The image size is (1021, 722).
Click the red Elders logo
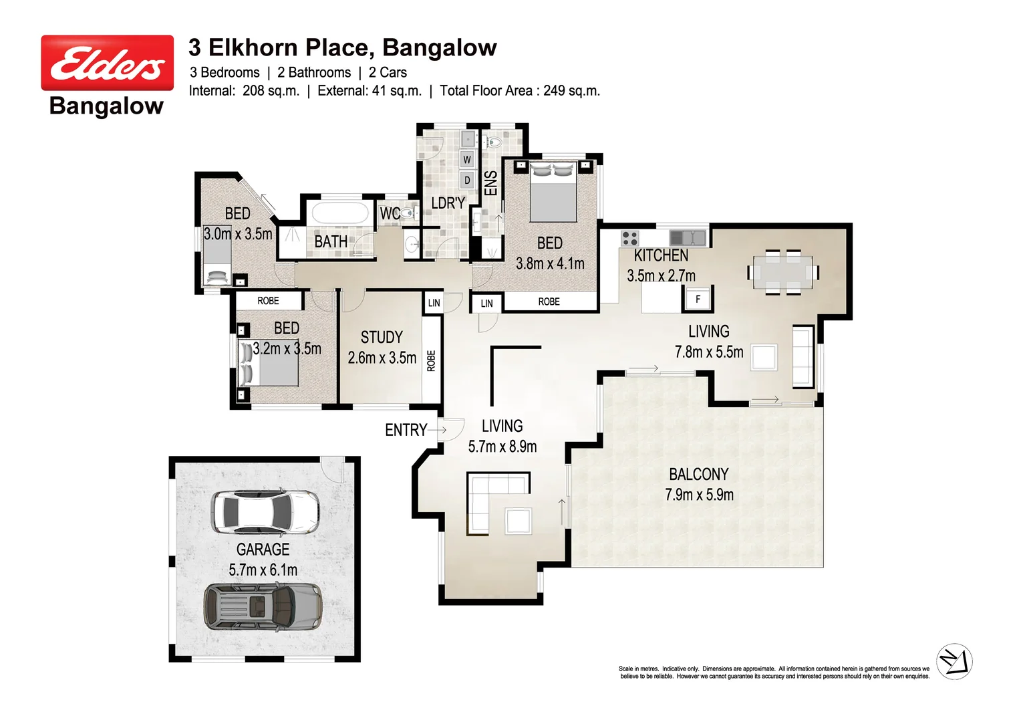[x=107, y=63]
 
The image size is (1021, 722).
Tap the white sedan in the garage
[x=265, y=513]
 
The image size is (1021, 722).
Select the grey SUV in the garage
[x=263, y=606]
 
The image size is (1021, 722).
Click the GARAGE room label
[x=263, y=550]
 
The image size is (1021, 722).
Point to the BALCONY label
[x=698, y=474]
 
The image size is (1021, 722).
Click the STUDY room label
[x=382, y=337]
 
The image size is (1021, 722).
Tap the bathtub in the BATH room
[x=340, y=214]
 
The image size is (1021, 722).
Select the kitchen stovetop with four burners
[x=629, y=237]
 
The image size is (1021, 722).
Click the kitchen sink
[x=688, y=237]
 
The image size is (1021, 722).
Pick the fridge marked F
[x=698, y=299]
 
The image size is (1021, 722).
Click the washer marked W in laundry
[x=467, y=159]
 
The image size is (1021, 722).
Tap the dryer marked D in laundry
[x=467, y=180]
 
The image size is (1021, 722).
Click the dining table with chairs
[x=783, y=273]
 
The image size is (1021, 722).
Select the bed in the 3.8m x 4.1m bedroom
[x=553, y=192]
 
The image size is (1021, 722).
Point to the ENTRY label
[x=406, y=430]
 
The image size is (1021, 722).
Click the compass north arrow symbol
[x=954, y=662]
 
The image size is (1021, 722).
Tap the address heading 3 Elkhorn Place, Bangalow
[x=342, y=47]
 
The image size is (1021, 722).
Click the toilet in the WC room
[x=407, y=213]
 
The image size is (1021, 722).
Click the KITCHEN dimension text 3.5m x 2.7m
[x=661, y=275]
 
